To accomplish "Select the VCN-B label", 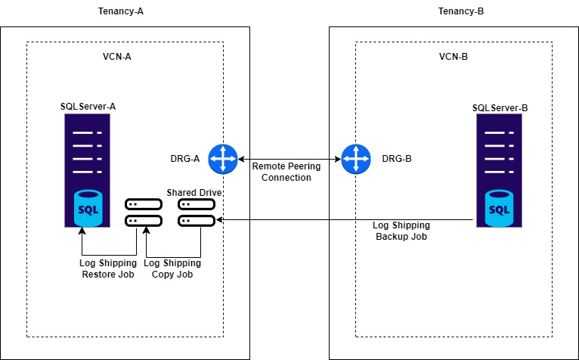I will pyautogui.click(x=454, y=57).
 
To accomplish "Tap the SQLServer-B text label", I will pyautogui.click(x=500, y=108).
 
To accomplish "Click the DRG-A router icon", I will pyautogui.click(x=223, y=159).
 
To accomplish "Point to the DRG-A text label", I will pyautogui.click(x=185, y=159).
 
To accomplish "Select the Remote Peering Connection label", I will pyautogui.click(x=281, y=172).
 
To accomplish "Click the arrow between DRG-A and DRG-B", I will pyautogui.click(x=288, y=159).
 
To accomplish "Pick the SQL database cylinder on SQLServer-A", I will pyautogui.click(x=90, y=206).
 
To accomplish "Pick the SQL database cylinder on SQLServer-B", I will pyautogui.click(x=500, y=207).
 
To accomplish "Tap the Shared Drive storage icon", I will pyautogui.click(x=196, y=213).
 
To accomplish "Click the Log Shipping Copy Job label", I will pyautogui.click(x=172, y=268).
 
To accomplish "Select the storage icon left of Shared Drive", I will pyautogui.click(x=144, y=213).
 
